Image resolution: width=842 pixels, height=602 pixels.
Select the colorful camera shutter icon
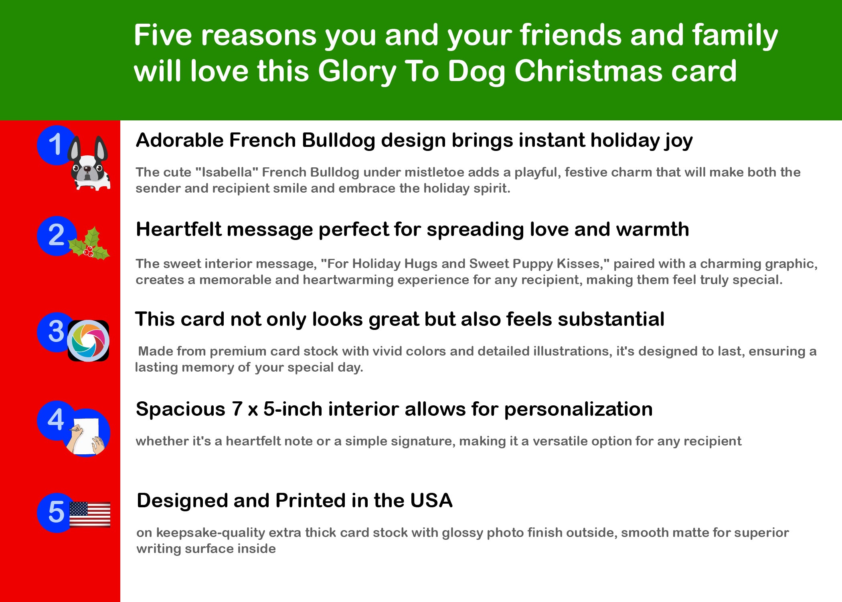pos(88,341)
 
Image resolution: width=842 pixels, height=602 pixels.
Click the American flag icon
pos(90,514)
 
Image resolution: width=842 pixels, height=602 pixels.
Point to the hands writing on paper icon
pos(86,433)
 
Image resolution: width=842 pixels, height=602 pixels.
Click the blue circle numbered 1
pos(56,145)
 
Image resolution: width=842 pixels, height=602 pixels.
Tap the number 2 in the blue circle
pos(56,235)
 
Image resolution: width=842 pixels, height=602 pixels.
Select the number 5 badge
pos(57,513)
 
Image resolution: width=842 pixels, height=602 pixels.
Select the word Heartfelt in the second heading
pos(178,230)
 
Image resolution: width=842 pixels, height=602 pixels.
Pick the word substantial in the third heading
pos(611,319)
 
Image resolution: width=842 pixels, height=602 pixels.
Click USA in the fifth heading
pos(431,500)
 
